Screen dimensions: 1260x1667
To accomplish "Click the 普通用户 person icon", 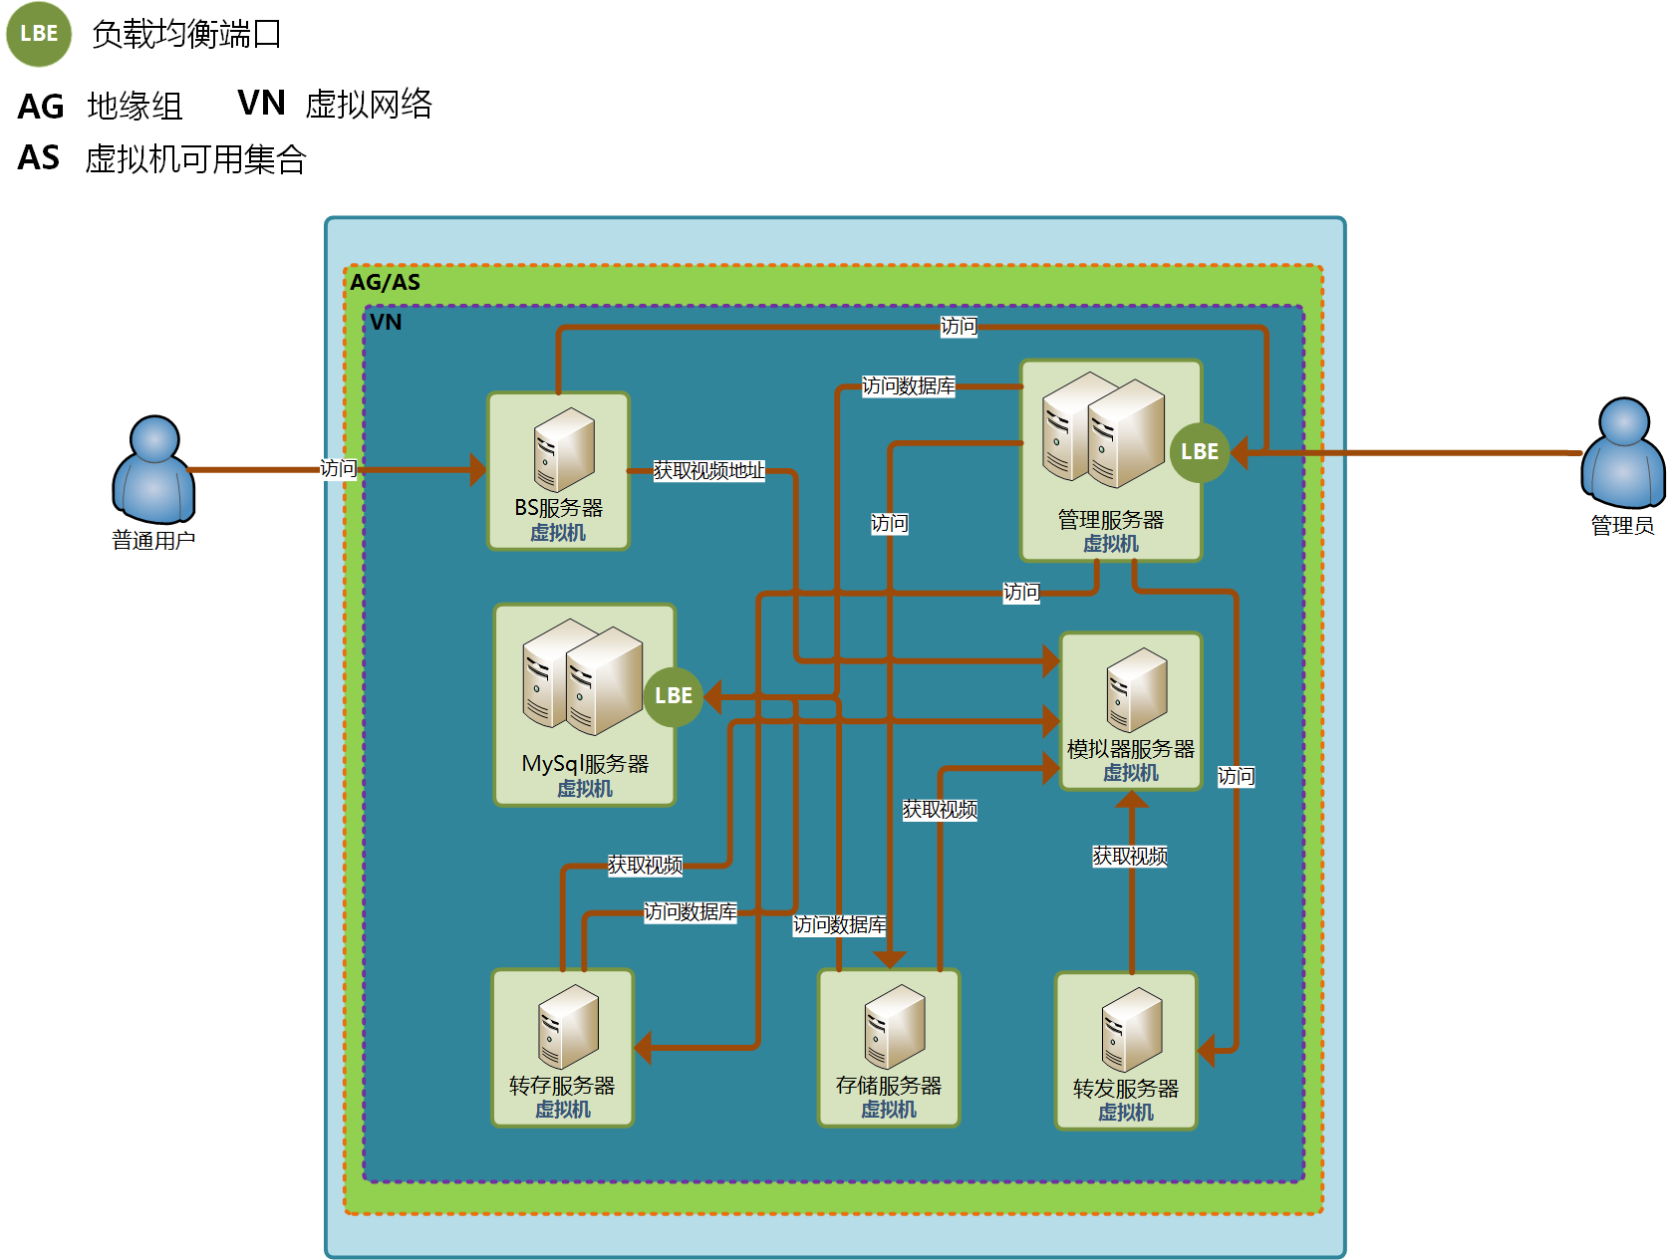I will [x=153, y=470].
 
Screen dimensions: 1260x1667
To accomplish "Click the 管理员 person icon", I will [x=1622, y=453].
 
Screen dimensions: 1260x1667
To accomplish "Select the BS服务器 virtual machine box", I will [x=559, y=471].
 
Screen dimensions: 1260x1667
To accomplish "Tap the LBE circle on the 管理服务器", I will [x=1199, y=451].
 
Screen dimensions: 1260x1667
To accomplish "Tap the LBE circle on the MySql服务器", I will [x=674, y=695].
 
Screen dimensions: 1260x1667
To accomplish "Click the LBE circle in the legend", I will [x=39, y=34].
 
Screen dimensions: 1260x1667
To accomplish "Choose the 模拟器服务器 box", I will [x=1131, y=711].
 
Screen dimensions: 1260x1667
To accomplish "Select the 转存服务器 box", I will [x=563, y=1047].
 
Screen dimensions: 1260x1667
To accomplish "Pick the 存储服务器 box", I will [x=889, y=1047].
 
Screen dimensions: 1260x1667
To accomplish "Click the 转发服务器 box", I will [x=1126, y=1050].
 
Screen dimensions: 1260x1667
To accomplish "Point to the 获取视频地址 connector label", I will [x=708, y=470].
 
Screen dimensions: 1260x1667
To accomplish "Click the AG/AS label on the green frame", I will [x=386, y=282].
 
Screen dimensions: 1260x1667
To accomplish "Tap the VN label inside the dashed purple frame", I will [x=386, y=322].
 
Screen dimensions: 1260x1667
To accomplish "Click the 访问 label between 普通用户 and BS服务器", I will [x=338, y=468].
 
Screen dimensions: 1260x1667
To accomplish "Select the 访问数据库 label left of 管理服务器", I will [x=908, y=386].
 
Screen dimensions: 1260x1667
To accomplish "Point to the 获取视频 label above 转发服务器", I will [x=1130, y=856].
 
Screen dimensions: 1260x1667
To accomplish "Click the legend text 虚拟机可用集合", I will [x=195, y=159].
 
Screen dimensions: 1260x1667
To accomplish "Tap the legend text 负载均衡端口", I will [x=186, y=35].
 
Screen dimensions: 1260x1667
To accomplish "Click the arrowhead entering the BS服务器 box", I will [x=478, y=470].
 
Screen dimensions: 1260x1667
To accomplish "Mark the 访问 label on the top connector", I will [x=959, y=326].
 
